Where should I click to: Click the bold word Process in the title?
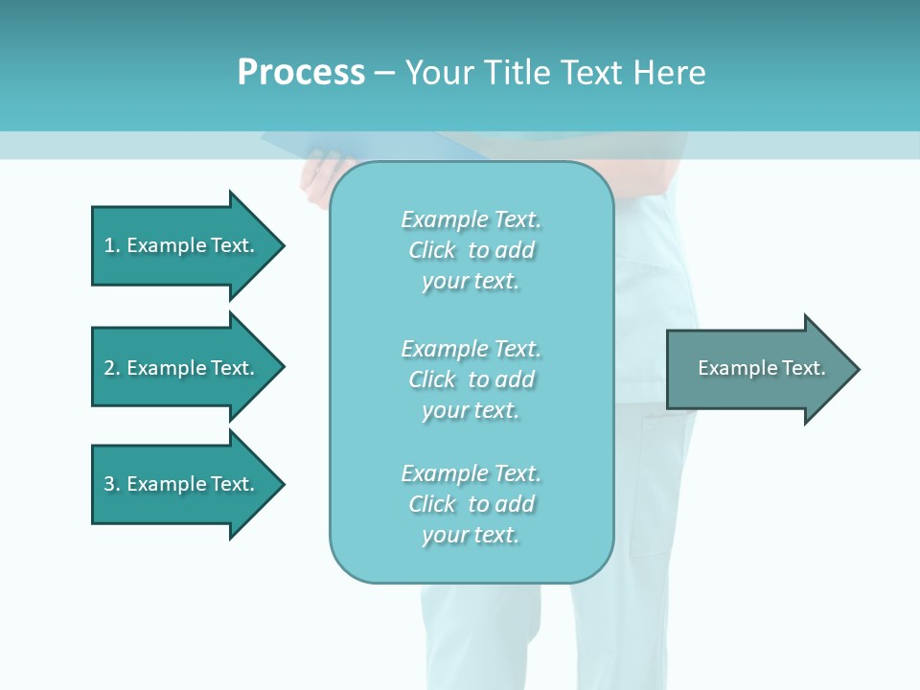click(301, 73)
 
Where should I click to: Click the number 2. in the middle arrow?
click(111, 368)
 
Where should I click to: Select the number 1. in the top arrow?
click(111, 245)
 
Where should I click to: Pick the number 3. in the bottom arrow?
click(111, 484)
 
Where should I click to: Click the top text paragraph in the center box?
click(471, 250)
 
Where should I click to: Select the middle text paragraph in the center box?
click(471, 379)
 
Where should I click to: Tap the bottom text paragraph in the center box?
click(471, 504)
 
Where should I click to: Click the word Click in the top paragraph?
click(432, 250)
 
